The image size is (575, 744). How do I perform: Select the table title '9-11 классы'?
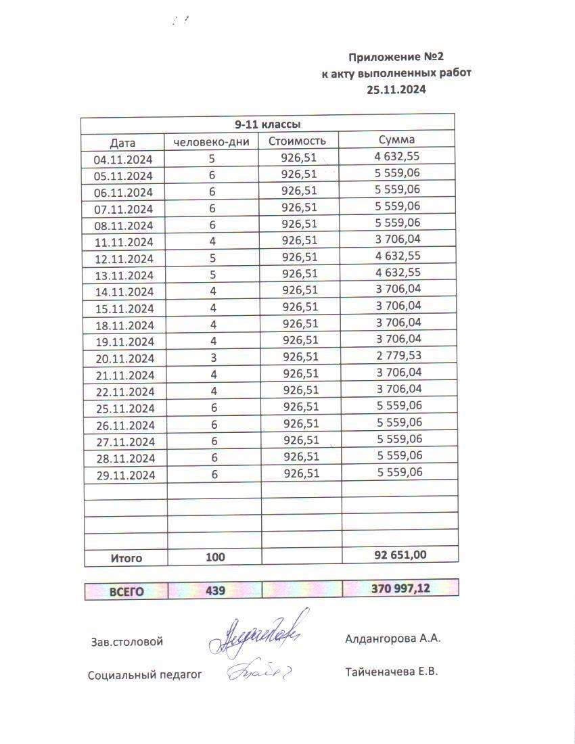coord(267,124)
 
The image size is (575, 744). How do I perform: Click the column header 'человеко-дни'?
coord(212,141)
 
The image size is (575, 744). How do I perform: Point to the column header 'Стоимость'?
coord(298,141)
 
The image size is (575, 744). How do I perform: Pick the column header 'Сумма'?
coord(397,140)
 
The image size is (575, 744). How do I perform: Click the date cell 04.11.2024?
coord(123,160)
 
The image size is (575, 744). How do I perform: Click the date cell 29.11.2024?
coord(126,475)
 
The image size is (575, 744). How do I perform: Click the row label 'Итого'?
coord(127,558)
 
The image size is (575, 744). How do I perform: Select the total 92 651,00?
coord(400,555)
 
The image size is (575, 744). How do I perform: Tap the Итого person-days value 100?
coord(214,557)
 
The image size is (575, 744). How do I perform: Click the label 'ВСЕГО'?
coord(127,591)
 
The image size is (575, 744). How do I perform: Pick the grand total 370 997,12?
coord(400,588)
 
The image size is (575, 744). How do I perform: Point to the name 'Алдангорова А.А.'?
coord(392,638)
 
